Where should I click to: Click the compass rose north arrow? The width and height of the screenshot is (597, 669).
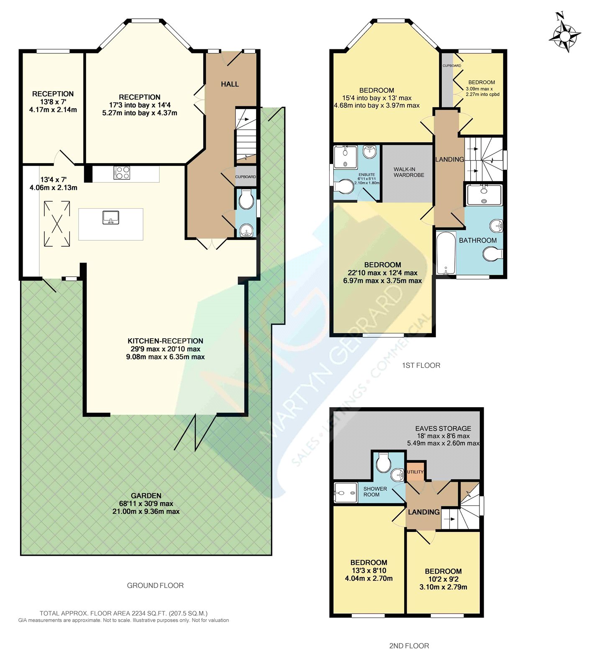(x=565, y=32)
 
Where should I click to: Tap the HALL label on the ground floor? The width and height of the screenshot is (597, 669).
(x=230, y=84)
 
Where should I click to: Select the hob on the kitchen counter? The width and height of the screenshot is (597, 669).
(x=122, y=173)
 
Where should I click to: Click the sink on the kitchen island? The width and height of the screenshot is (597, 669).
(x=111, y=217)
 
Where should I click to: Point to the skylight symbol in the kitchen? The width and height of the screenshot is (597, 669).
(x=57, y=223)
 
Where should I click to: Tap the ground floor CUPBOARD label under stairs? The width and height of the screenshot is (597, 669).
(x=245, y=177)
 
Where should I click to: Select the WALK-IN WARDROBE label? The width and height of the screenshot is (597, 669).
(x=409, y=172)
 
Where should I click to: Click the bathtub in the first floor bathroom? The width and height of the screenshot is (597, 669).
(x=446, y=253)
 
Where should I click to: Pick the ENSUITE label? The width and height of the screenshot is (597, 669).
(x=366, y=174)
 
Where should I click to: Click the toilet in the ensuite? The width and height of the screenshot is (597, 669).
(x=345, y=187)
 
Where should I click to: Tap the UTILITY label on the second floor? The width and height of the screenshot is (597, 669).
(x=415, y=472)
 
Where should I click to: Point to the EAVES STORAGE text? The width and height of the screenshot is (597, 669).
(x=443, y=429)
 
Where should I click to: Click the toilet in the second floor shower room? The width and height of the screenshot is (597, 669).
(x=383, y=463)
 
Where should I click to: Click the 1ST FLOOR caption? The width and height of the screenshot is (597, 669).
(x=421, y=365)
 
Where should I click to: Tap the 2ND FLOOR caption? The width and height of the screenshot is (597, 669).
(x=409, y=646)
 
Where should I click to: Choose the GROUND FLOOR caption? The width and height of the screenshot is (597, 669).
(x=155, y=586)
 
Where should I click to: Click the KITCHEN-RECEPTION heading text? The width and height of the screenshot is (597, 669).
(x=165, y=341)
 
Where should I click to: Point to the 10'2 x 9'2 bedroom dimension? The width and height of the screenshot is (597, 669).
(x=443, y=579)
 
